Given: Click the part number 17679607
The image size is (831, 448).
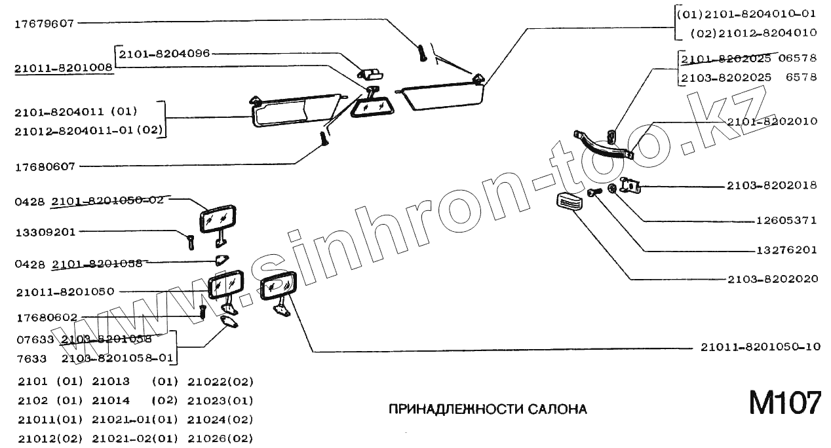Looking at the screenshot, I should pos(45,23).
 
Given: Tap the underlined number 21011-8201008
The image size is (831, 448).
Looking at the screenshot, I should pos(64,67).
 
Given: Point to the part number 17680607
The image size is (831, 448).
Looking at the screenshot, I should pos(45,166).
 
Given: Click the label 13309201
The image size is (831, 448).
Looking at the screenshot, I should pos(45,231).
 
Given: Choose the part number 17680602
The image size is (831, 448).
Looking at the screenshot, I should pos(45,318).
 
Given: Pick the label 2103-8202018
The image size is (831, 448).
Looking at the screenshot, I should pos(771,186).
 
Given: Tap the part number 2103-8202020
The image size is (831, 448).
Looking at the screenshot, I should pos(772,279).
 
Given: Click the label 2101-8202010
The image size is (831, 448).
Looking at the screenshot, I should pos(772,121).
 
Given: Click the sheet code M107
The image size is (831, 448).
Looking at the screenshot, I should pos(784,403).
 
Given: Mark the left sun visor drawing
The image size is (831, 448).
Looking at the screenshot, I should pos(295,110).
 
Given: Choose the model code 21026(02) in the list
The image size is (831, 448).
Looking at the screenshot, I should pos(220,439).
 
